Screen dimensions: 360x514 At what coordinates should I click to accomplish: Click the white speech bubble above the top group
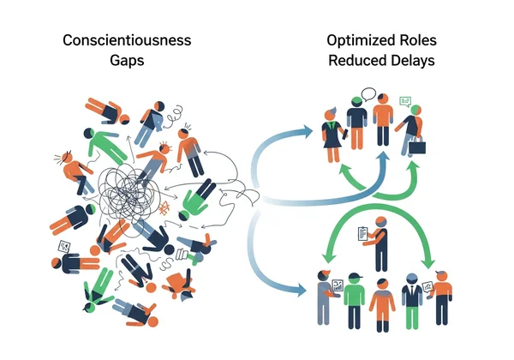point(369,94)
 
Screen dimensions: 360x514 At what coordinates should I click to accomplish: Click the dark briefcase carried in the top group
point(418,147)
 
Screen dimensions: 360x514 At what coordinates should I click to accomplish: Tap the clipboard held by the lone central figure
point(362,232)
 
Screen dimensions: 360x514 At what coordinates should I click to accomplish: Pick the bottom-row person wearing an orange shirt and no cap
point(382,303)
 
